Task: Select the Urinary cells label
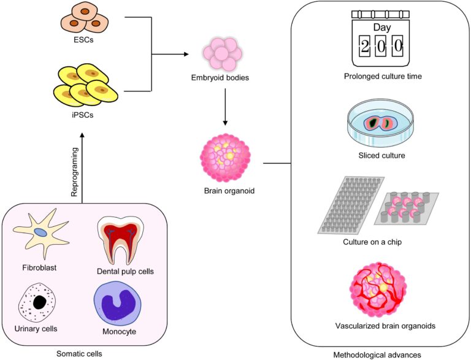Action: (36, 329)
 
